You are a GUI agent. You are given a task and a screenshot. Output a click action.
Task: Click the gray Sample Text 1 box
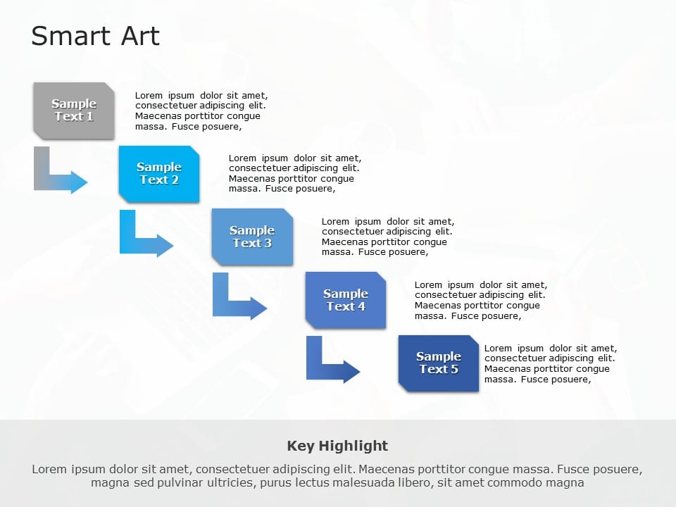(74, 110)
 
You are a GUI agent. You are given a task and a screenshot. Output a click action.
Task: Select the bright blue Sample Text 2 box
(159, 173)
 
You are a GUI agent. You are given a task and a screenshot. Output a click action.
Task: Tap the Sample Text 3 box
(252, 237)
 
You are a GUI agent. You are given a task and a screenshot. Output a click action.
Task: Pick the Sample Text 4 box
(345, 300)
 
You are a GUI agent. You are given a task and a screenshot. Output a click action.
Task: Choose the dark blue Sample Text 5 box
(438, 363)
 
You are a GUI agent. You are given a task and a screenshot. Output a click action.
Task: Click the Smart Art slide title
(96, 36)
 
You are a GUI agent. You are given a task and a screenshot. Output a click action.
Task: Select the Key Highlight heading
(337, 446)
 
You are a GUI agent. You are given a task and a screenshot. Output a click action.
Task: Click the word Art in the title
(140, 36)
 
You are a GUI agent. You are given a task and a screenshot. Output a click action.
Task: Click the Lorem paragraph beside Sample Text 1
(201, 111)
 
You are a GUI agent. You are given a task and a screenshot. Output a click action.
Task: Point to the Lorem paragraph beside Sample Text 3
(387, 237)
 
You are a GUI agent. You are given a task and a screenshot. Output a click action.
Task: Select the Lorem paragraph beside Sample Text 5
(550, 363)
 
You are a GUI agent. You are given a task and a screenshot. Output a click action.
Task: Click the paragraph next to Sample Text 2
(294, 173)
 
